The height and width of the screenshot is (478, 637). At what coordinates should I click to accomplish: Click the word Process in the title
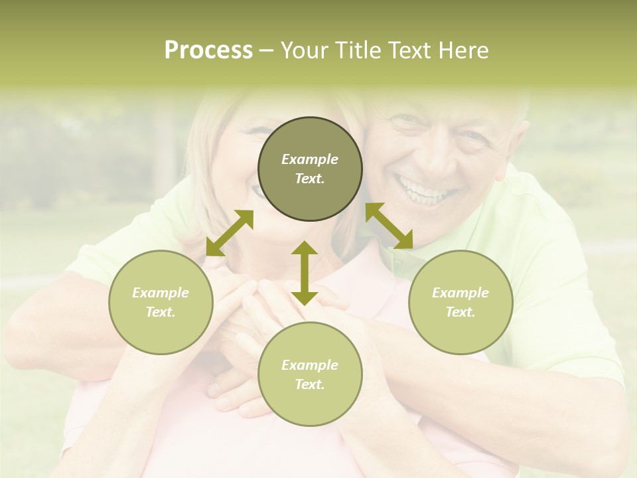click(208, 50)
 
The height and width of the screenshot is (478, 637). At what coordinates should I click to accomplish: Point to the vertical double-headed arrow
click(305, 273)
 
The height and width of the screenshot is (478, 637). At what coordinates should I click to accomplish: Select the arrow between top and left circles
click(230, 233)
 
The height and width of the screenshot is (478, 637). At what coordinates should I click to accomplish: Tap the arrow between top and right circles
click(389, 226)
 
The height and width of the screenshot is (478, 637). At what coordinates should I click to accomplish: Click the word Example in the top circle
click(310, 159)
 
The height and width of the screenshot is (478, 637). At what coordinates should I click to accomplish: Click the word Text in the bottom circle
click(309, 384)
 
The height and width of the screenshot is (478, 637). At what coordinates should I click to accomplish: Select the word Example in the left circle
click(161, 293)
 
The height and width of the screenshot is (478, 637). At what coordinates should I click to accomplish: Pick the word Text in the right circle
click(460, 312)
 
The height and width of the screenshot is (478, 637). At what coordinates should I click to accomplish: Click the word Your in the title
click(302, 50)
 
